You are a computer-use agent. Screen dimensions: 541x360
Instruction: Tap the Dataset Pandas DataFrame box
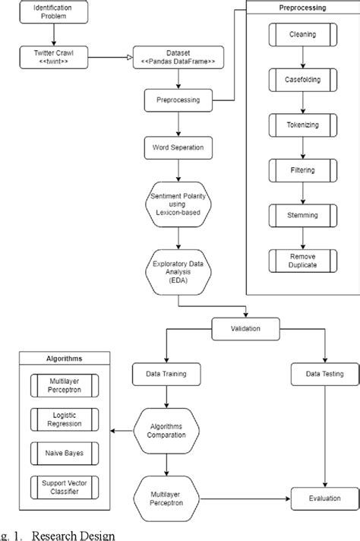(x=178, y=57)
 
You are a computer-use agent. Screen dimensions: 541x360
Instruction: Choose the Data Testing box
(x=325, y=374)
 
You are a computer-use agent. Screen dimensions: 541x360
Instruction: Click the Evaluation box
(x=325, y=498)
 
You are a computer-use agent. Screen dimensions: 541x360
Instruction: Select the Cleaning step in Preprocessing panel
(x=304, y=35)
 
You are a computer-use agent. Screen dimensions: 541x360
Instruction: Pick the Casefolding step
(x=304, y=81)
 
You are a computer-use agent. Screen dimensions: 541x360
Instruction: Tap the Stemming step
(x=304, y=216)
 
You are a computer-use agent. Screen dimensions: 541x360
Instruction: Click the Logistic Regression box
(x=65, y=419)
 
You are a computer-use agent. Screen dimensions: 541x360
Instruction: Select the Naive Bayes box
(x=65, y=454)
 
